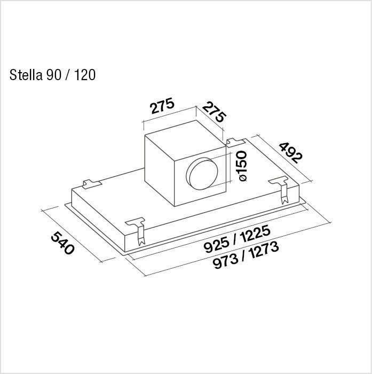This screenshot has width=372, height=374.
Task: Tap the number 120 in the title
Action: coord(85,75)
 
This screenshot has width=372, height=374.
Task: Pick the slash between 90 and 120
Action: coord(68,75)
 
